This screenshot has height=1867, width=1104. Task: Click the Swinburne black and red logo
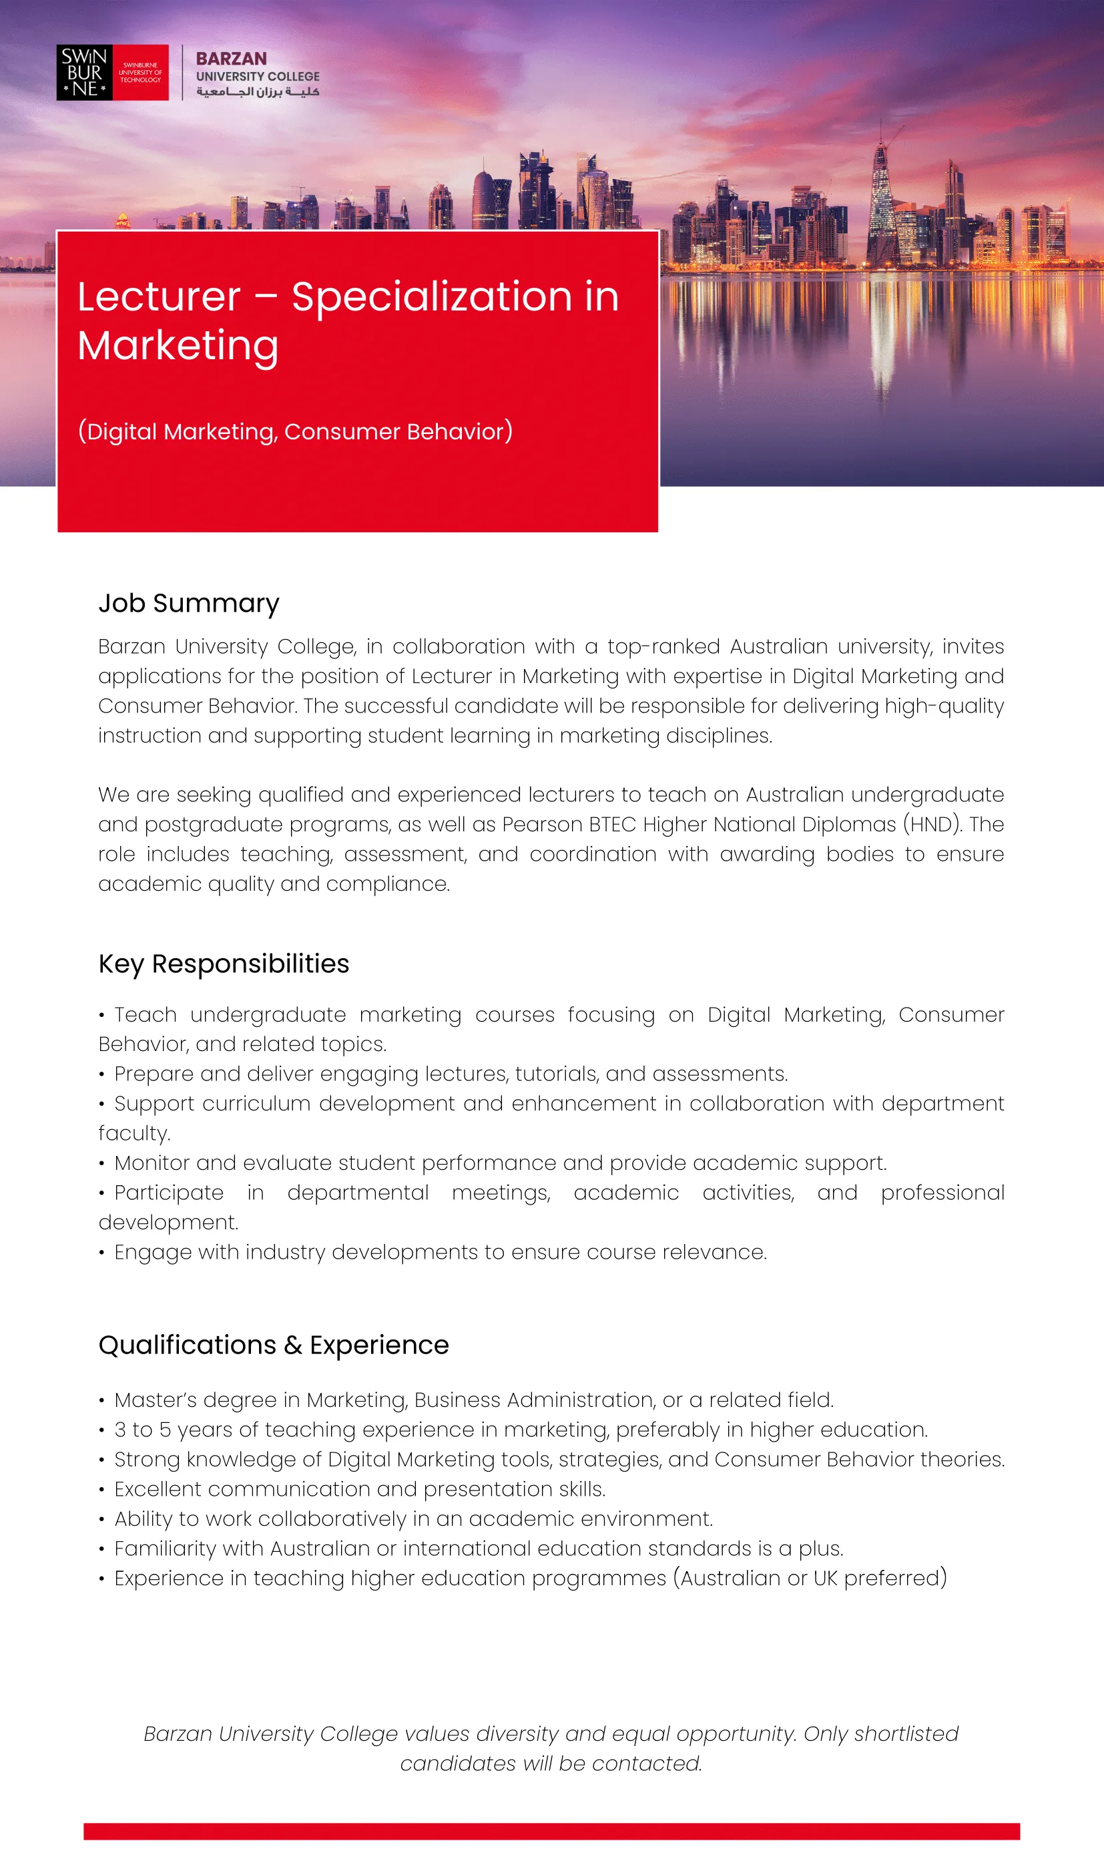pos(112,72)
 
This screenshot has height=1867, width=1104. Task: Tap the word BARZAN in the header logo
pos(231,59)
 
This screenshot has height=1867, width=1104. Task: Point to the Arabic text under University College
pos(258,91)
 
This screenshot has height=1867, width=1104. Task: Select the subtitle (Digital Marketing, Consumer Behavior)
pos(295,431)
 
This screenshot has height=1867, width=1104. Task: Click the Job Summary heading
pos(189,603)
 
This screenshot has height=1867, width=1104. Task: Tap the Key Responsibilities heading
pos(223,964)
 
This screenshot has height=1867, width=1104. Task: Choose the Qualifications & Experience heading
pos(274,1345)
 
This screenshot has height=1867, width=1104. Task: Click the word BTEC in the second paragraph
pos(612,825)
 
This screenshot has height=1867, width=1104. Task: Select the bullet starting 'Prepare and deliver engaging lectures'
pos(450,1074)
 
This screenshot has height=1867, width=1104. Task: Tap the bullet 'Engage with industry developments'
pos(440,1253)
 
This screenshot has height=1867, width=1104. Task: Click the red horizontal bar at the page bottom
pos(551,1832)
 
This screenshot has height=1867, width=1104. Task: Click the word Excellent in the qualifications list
pos(158,1490)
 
